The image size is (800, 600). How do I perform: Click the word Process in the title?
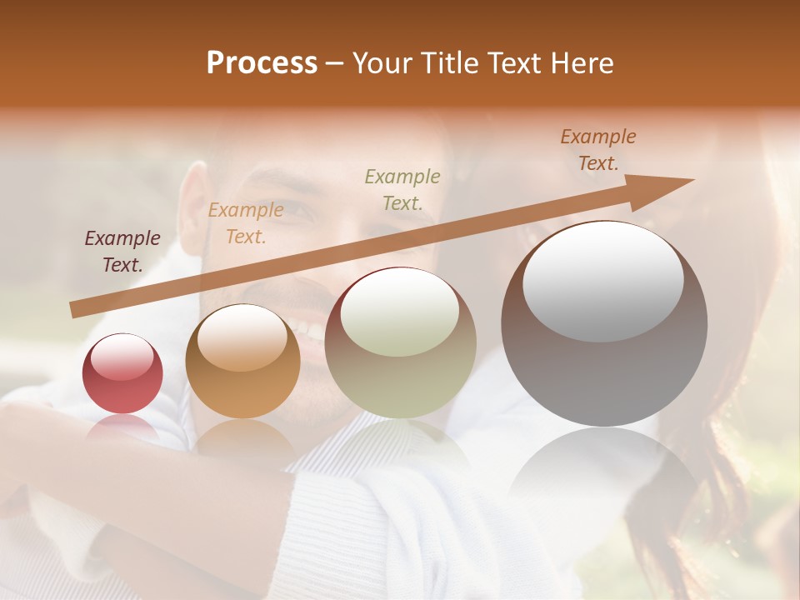click(x=262, y=63)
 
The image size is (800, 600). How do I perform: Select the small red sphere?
click(x=122, y=383)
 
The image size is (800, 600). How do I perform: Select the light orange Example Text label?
click(x=246, y=223)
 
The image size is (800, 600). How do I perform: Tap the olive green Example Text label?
click(x=402, y=189)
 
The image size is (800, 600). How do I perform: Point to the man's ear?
click(x=193, y=208)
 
